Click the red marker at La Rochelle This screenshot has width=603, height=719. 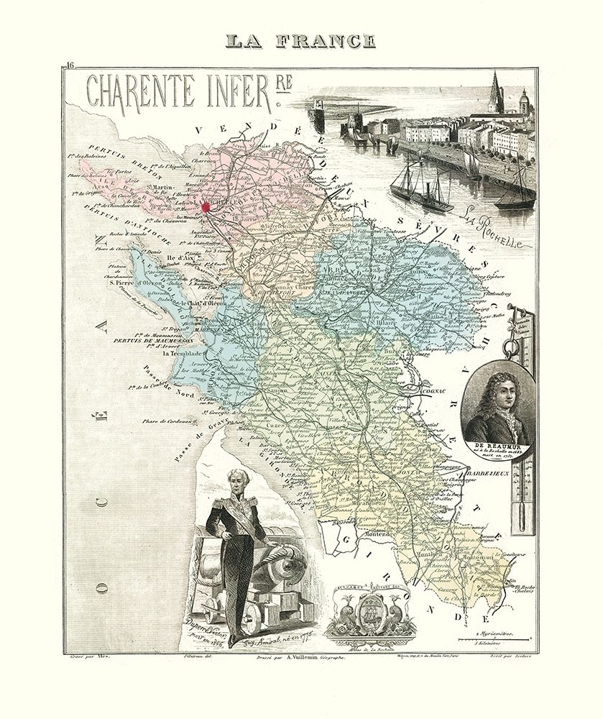click(205, 207)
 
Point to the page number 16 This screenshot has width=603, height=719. click(69, 66)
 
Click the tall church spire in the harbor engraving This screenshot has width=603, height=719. click(494, 92)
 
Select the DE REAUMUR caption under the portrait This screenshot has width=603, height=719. click(499, 446)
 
